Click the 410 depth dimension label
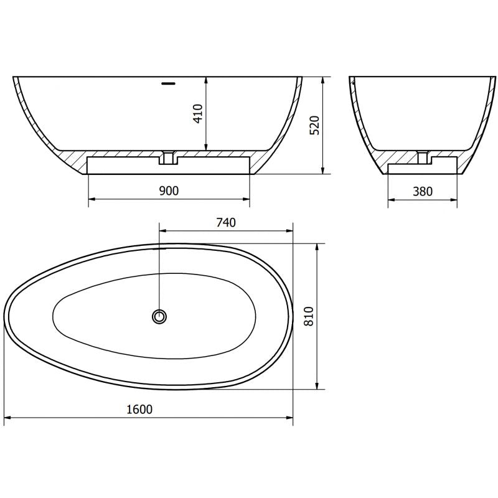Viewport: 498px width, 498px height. (x=198, y=113)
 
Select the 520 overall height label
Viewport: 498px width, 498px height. (x=314, y=125)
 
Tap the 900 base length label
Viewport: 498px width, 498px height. (x=169, y=190)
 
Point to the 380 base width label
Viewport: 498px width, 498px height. (x=423, y=191)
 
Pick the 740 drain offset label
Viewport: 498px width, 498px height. (x=226, y=222)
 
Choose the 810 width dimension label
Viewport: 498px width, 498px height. (x=309, y=316)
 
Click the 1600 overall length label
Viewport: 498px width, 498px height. (x=139, y=410)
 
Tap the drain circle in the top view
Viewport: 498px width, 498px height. (x=159, y=316)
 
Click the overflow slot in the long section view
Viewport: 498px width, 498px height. (x=168, y=83)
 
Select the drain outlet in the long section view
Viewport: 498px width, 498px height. (x=168, y=157)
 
